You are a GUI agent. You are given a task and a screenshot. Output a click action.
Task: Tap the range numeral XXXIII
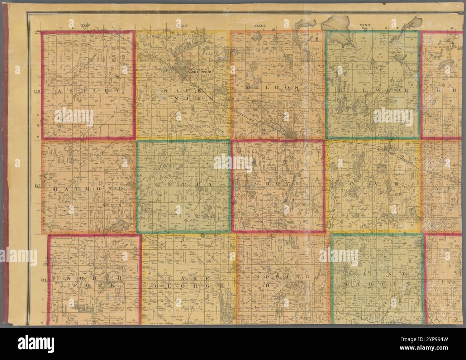point(259,25)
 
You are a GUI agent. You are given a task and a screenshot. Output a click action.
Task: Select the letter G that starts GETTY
point(158,184)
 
